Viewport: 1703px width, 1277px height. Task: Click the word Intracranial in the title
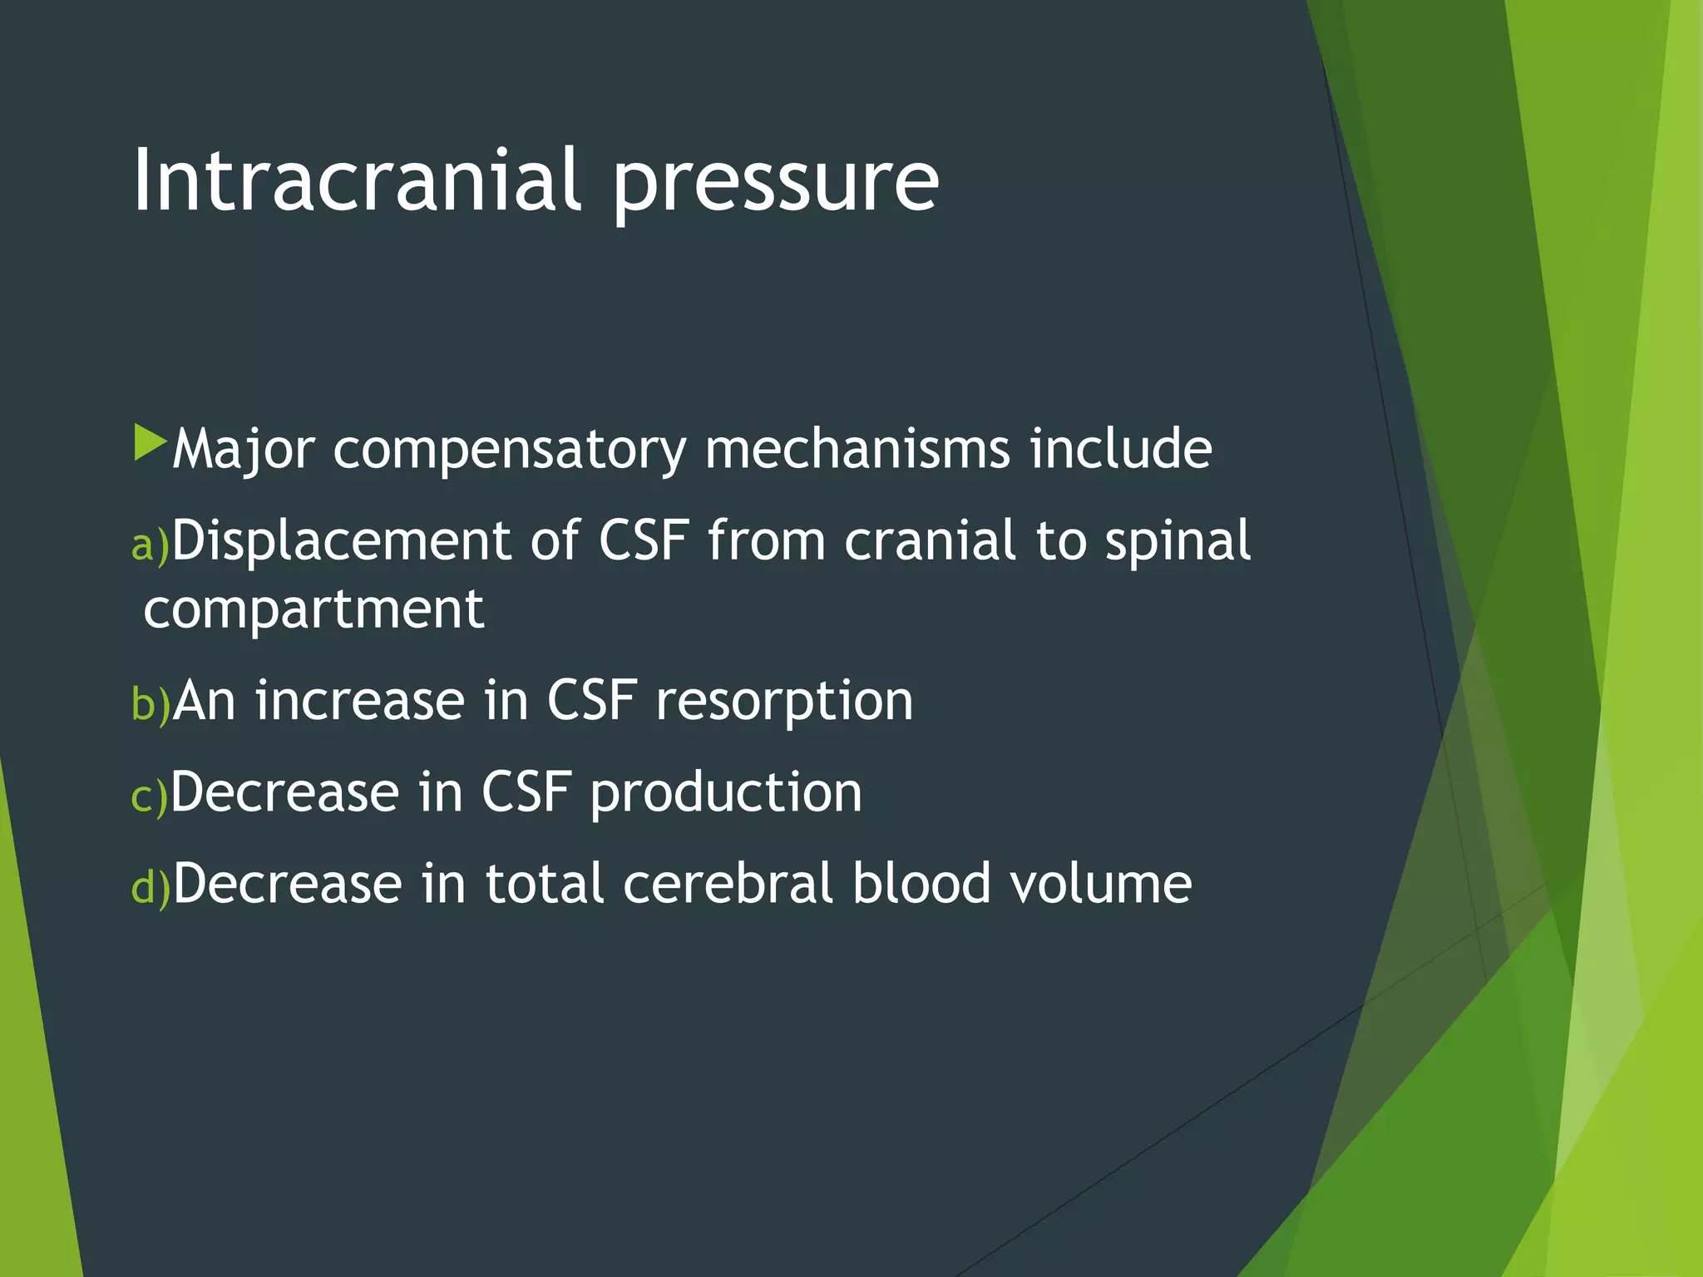tap(356, 180)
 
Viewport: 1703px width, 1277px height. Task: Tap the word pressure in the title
tap(776, 183)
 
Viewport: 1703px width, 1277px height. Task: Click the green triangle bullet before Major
tap(150, 443)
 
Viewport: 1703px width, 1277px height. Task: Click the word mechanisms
tap(856, 449)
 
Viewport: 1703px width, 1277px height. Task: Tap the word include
tap(1120, 449)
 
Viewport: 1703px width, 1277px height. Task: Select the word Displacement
tap(341, 541)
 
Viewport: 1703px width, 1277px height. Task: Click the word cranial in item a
tap(930, 541)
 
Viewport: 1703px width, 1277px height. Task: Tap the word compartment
tap(313, 609)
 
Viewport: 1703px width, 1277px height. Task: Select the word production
tap(726, 793)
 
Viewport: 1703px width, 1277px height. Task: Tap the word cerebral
tap(728, 883)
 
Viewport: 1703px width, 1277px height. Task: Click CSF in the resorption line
tap(591, 700)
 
